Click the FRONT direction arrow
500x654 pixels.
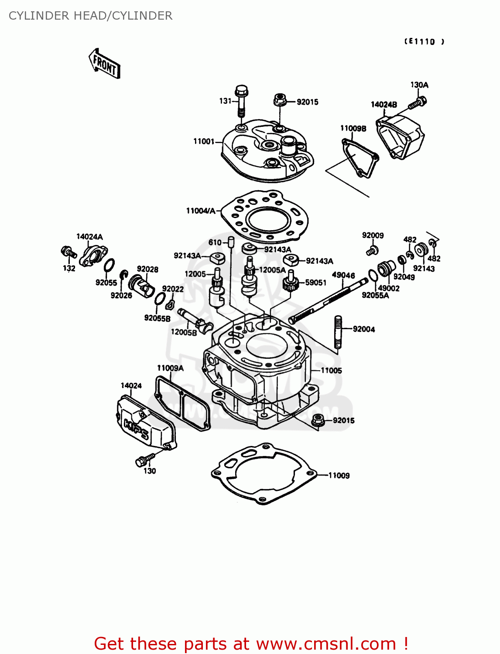(x=104, y=64)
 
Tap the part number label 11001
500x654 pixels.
(x=204, y=141)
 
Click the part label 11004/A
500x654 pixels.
(x=200, y=211)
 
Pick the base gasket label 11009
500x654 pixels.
(x=339, y=476)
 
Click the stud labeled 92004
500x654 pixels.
(x=338, y=332)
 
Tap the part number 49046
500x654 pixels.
(x=343, y=275)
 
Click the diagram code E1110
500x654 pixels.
(x=424, y=42)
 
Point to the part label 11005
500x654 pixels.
(x=331, y=371)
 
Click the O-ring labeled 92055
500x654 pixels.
(x=110, y=265)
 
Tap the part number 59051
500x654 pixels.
(x=315, y=283)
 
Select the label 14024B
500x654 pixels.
(x=384, y=105)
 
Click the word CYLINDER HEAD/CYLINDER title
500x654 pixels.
(x=90, y=16)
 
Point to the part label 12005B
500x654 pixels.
(x=183, y=332)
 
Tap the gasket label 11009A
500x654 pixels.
(x=170, y=368)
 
